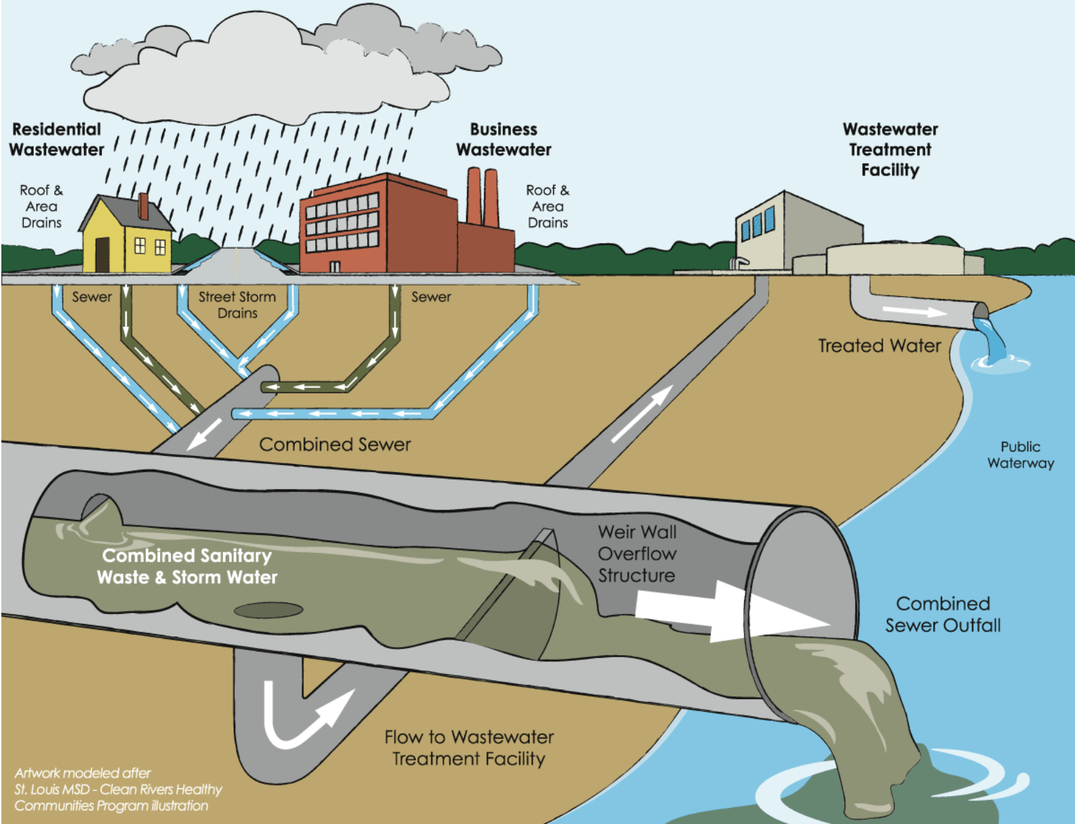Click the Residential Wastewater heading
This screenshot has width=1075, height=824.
57,140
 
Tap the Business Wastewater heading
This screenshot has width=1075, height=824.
504,140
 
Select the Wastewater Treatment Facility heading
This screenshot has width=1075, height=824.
890,149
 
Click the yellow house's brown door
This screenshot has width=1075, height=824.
102,254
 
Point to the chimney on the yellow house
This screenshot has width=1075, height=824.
143,206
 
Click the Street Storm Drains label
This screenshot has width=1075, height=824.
237,305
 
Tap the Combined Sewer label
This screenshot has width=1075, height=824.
335,445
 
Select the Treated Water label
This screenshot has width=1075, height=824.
879,346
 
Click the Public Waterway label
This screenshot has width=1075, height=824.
1020,455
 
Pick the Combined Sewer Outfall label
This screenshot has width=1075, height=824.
943,615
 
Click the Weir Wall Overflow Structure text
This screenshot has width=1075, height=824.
636,554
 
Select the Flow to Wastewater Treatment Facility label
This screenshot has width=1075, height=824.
469,747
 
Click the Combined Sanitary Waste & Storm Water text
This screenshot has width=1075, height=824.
187,566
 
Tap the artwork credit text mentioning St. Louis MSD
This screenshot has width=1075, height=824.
118,789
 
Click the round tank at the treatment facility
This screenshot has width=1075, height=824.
895,259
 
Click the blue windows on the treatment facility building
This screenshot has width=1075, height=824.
757,224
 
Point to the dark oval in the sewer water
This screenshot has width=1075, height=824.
268,611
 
